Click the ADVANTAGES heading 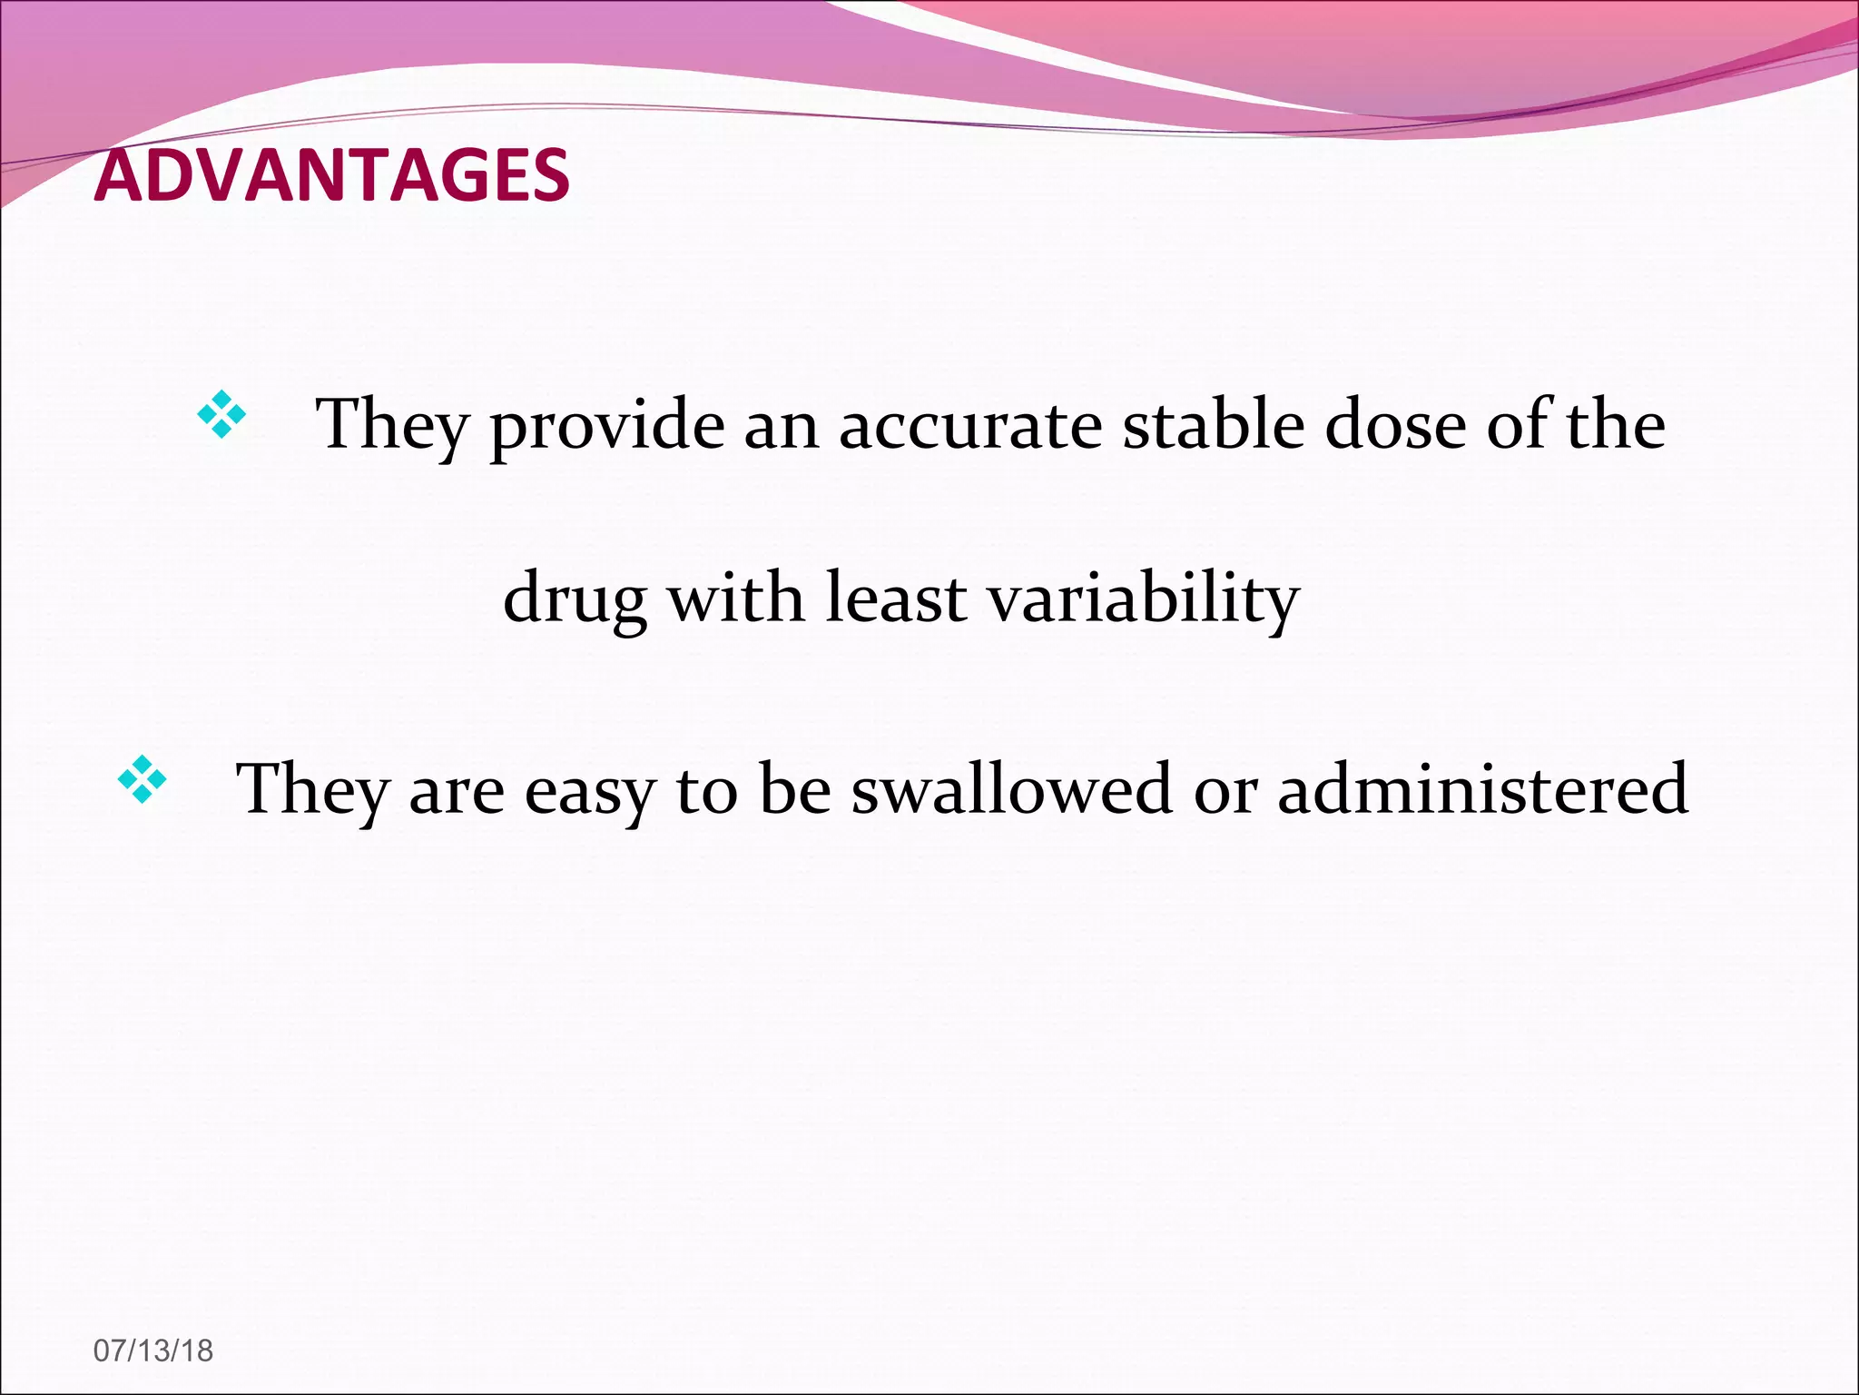pos(332,175)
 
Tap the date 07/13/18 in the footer pos(153,1350)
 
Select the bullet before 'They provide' pos(221,415)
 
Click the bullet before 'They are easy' pos(143,779)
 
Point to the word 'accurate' pos(969,425)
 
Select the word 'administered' pos(1482,788)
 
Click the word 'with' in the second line pos(736,599)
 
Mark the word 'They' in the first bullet pos(391,425)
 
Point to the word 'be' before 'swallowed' pos(795,788)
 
